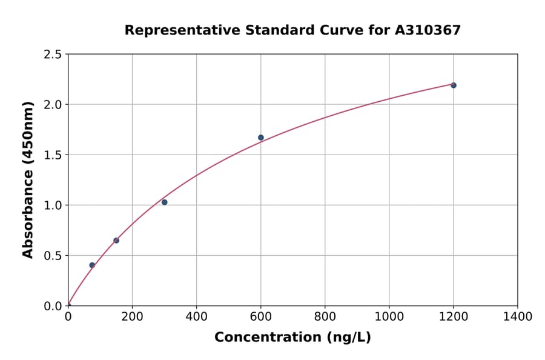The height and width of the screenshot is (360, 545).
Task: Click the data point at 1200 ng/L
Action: click(x=453, y=85)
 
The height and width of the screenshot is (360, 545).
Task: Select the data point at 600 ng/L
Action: click(x=261, y=138)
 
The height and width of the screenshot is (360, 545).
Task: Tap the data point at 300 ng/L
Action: click(x=165, y=202)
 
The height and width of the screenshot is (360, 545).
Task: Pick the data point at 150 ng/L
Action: click(x=116, y=241)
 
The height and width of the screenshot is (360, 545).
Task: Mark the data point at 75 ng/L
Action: click(x=92, y=265)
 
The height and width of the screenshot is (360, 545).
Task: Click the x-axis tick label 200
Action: click(x=132, y=317)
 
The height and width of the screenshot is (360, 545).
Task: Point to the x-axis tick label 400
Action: click(x=196, y=317)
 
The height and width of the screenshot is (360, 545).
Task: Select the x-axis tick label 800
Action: click(x=325, y=317)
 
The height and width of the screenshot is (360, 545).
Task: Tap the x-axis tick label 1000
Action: click(x=389, y=317)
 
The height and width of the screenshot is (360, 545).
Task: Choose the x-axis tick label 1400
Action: click(x=517, y=317)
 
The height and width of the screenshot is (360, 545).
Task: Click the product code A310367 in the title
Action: click(x=428, y=30)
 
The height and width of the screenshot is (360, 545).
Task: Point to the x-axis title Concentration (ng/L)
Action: click(x=292, y=338)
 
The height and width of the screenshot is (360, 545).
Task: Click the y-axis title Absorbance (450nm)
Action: click(x=28, y=179)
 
